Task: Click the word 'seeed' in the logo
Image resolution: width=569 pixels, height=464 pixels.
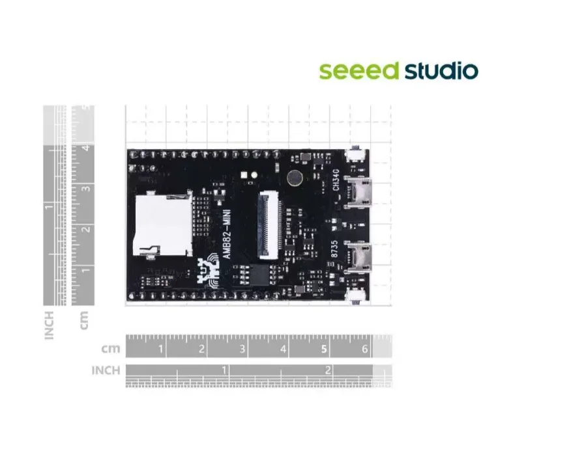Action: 358,71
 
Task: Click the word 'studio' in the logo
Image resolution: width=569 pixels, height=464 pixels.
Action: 441,71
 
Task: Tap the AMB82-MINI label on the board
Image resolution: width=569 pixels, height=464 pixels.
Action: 227,234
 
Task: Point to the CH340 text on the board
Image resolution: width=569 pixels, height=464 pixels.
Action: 336,180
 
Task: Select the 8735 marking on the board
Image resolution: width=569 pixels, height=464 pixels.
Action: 334,249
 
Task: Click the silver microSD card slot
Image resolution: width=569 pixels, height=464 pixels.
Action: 163,225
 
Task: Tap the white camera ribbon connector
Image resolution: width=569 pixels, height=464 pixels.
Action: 270,225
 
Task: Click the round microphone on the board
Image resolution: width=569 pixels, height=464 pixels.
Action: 295,178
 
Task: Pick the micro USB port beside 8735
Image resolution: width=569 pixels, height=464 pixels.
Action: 358,258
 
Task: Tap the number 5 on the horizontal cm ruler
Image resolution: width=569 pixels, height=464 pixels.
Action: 324,349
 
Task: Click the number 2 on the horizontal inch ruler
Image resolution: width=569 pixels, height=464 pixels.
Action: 328,370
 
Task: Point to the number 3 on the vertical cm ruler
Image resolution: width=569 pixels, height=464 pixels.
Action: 87,189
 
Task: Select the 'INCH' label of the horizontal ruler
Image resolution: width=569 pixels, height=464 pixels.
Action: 106,370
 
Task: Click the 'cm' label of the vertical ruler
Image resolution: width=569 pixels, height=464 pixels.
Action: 84,320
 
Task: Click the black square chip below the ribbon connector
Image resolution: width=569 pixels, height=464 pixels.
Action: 260,275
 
